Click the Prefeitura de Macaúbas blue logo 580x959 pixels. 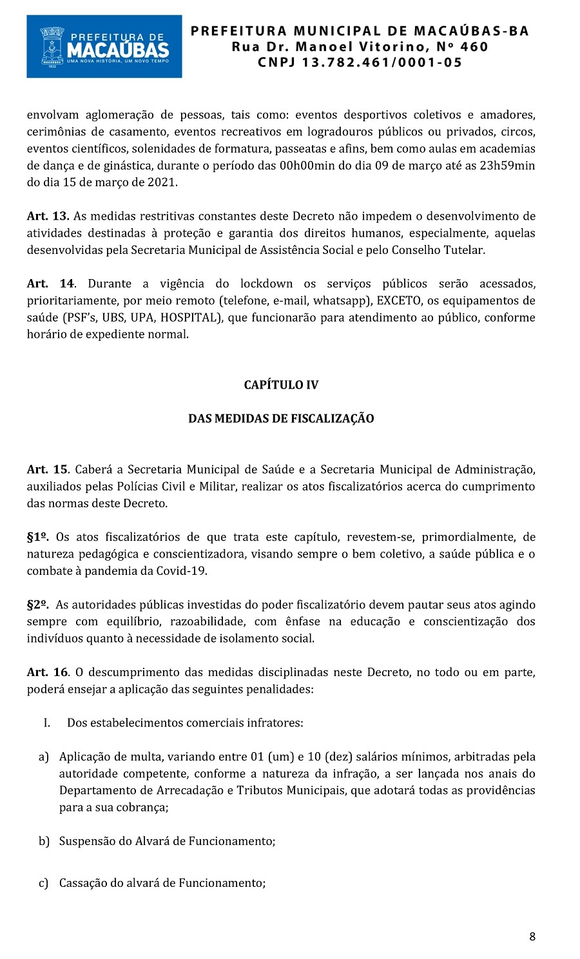click(104, 46)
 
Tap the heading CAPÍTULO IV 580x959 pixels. click(281, 385)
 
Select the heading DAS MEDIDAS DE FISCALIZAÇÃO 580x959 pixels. click(281, 418)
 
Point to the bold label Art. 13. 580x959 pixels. click(48, 216)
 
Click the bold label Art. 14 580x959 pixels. click(50, 284)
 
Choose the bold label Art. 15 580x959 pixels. click(48, 469)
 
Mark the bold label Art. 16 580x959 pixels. click(48, 672)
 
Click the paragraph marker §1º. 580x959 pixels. click(38, 537)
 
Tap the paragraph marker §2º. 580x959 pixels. click(38, 605)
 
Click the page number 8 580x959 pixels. click(532, 936)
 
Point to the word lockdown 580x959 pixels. click(266, 284)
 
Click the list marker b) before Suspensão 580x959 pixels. click(44, 841)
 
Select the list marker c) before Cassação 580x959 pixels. click(43, 883)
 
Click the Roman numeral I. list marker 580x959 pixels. click(47, 722)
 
